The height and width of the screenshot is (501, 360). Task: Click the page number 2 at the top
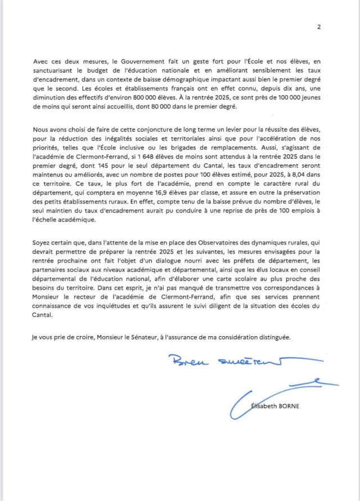coord(319,26)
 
